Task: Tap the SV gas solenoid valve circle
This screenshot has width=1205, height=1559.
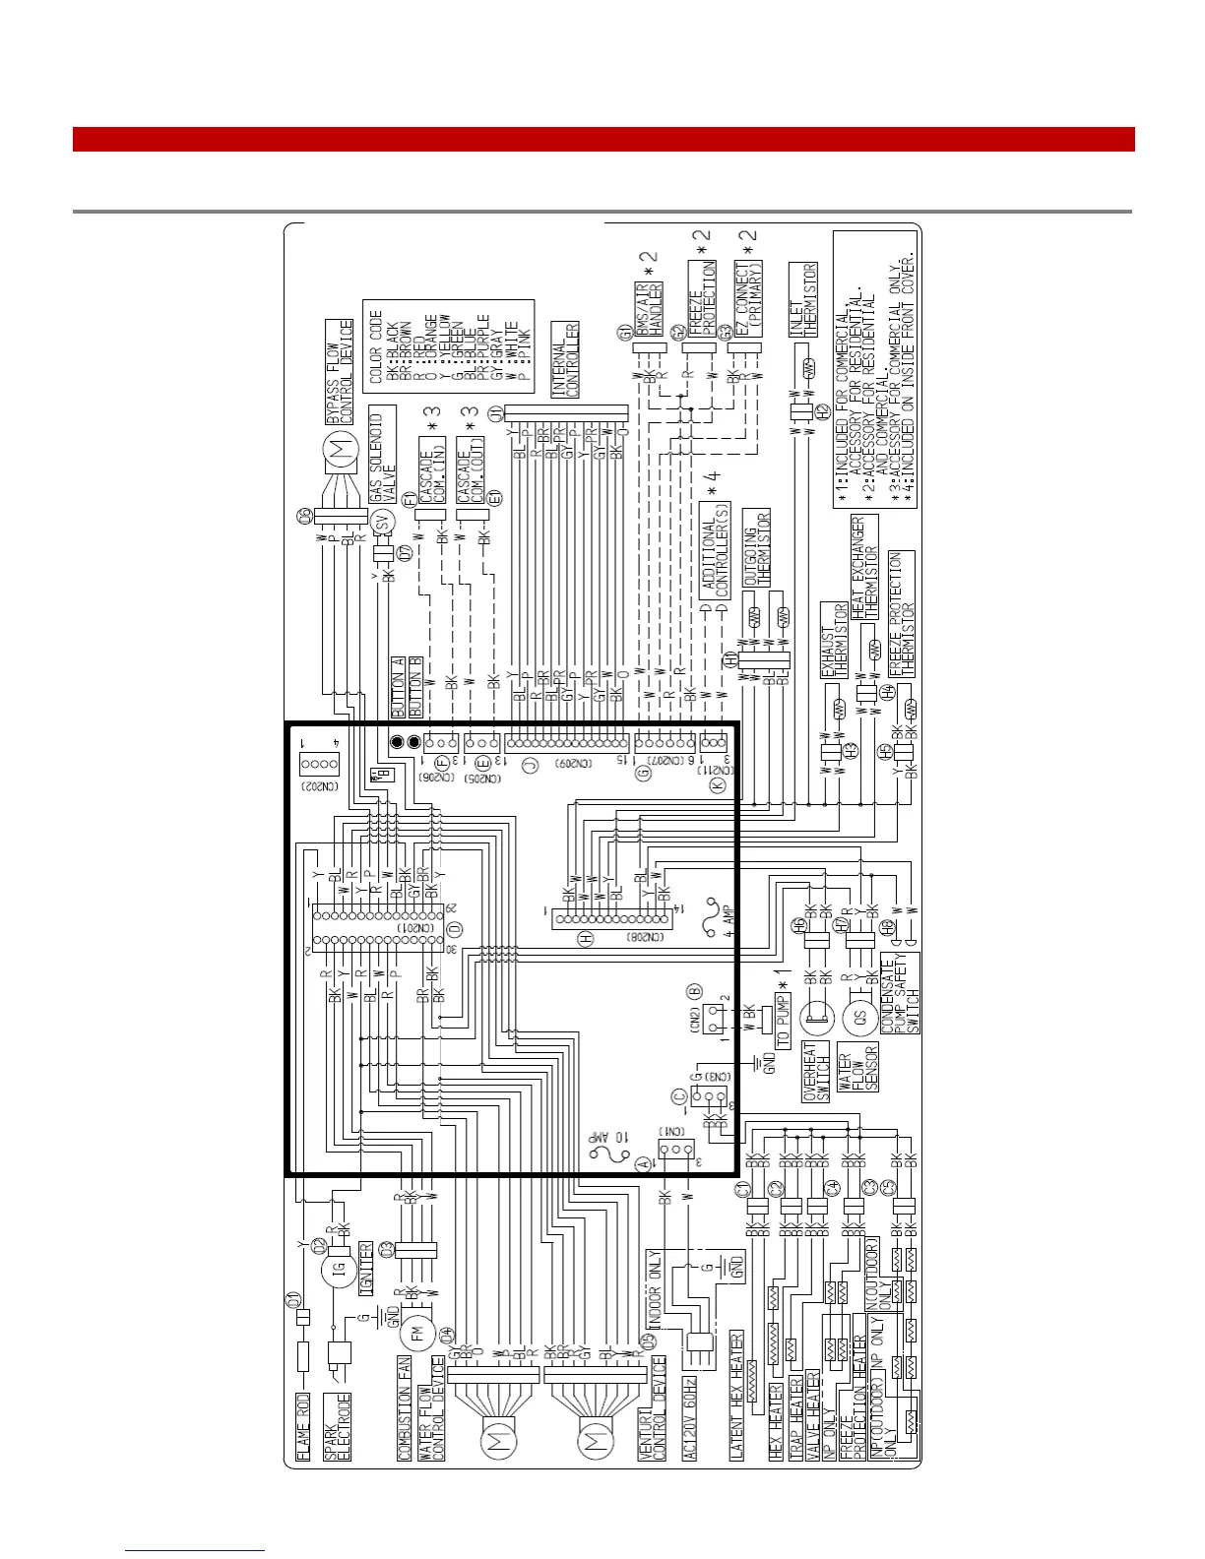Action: pyautogui.click(x=385, y=523)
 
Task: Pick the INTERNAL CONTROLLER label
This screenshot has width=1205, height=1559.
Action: pyautogui.click(x=565, y=359)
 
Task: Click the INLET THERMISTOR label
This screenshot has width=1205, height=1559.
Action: pyautogui.click(x=803, y=300)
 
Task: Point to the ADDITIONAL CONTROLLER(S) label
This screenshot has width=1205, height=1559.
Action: pyautogui.click(x=716, y=550)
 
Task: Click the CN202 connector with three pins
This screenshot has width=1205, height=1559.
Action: pyautogui.click(x=319, y=764)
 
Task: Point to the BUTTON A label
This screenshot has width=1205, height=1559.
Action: pyautogui.click(x=398, y=687)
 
